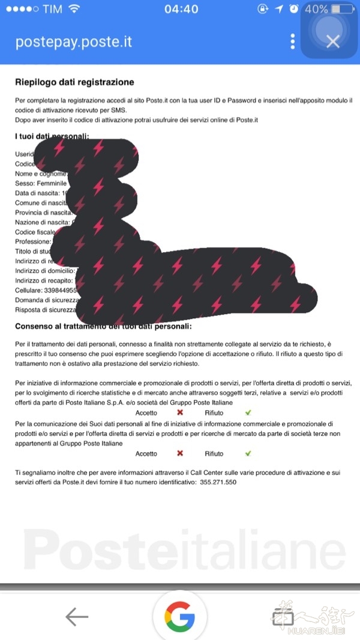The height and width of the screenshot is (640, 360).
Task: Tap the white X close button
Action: tap(332, 41)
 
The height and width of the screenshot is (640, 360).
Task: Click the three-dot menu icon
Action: tap(293, 41)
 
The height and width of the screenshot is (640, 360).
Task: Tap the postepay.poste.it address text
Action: tap(73, 42)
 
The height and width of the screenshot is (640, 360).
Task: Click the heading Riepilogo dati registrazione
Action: tap(74, 82)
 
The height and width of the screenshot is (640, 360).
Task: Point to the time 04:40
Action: tap(181, 9)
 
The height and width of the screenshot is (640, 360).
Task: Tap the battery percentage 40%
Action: tap(316, 10)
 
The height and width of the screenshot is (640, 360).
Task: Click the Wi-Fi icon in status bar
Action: tap(74, 9)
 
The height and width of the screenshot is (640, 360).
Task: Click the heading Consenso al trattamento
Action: tap(103, 326)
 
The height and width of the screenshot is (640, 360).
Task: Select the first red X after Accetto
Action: tap(179, 412)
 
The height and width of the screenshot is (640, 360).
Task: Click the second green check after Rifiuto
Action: tap(248, 453)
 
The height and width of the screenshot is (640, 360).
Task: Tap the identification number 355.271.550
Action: tap(218, 482)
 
